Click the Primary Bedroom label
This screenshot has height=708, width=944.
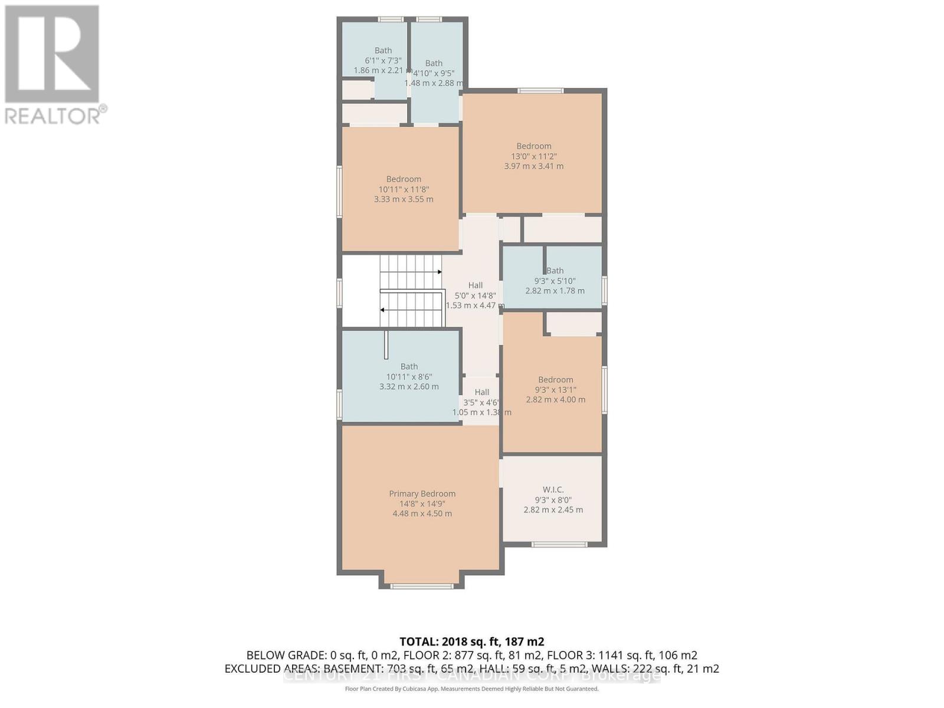tap(422, 494)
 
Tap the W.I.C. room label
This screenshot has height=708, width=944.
tap(553, 490)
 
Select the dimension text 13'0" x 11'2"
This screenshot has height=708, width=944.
tap(533, 156)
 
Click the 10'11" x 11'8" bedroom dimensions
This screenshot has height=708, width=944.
tap(404, 189)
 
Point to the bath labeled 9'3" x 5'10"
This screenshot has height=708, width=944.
tap(555, 281)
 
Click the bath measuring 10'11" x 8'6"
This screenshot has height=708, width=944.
tap(409, 376)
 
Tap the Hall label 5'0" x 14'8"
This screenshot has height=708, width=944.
tap(475, 295)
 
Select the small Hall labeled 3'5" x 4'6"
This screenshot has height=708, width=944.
tap(481, 402)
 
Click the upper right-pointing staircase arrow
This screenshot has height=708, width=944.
tap(439, 272)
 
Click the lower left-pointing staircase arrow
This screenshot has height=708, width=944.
tap(383, 310)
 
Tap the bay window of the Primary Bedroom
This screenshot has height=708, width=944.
tap(421, 586)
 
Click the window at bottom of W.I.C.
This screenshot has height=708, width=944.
tap(559, 544)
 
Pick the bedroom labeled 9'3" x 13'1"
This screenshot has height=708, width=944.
tap(555, 389)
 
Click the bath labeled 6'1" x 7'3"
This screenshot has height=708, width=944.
tap(383, 60)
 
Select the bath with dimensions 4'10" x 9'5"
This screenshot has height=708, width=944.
tap(434, 73)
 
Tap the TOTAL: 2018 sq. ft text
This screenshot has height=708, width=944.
tap(471, 642)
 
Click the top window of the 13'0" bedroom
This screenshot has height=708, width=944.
tap(540, 90)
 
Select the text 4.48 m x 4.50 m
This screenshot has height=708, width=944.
tap(422, 514)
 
